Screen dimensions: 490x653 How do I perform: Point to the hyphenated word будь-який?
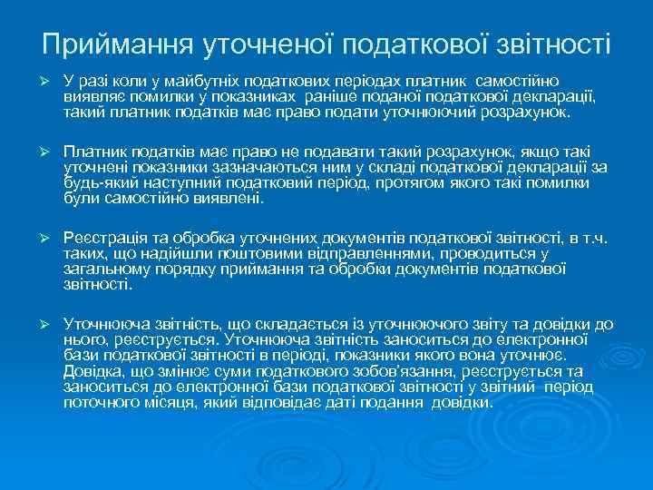pyautogui.click(x=98, y=181)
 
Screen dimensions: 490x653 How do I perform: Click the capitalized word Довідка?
pyautogui.click(x=93, y=371)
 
